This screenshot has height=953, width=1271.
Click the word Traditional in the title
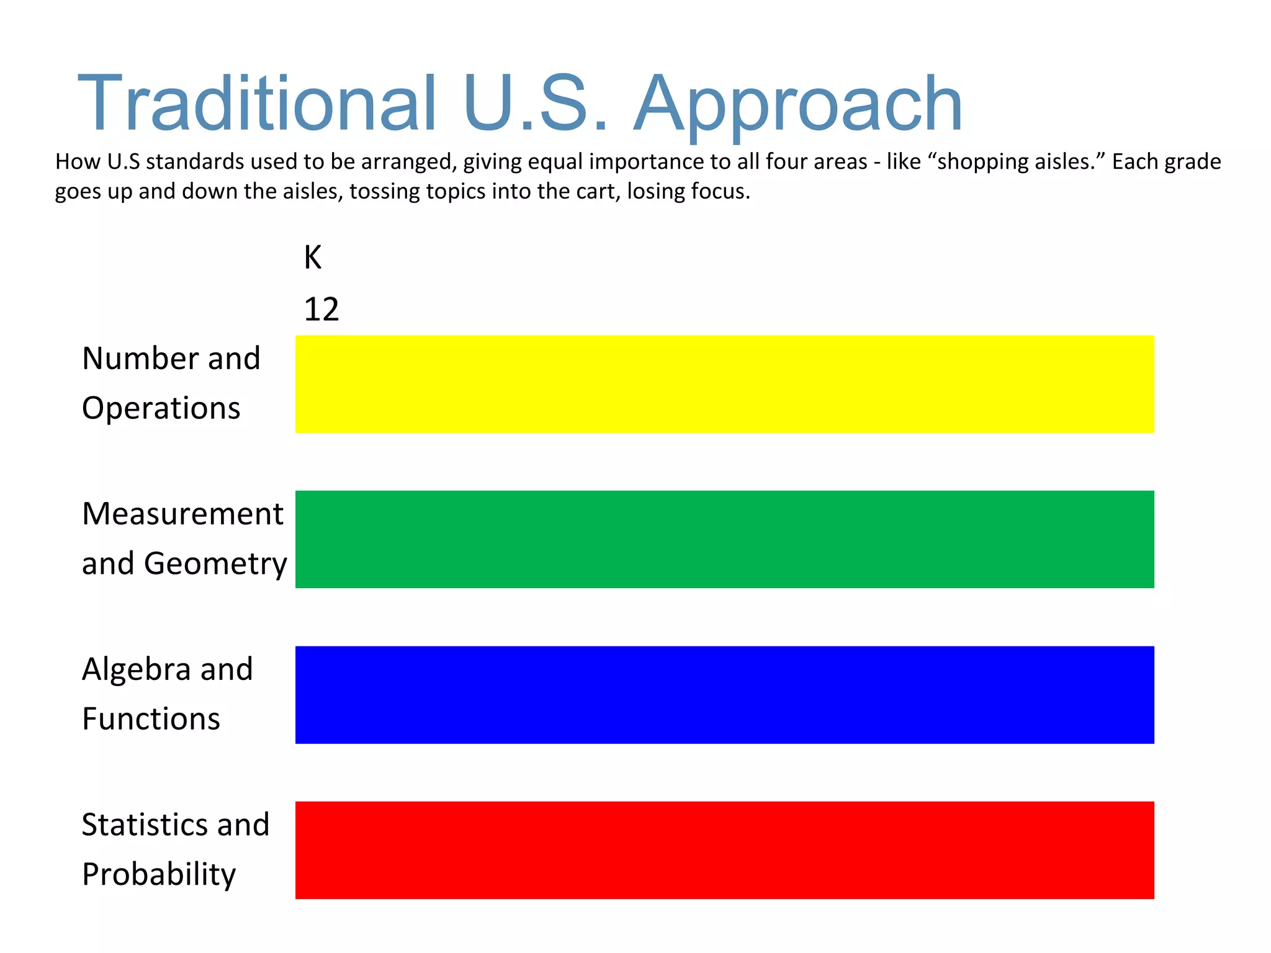257,104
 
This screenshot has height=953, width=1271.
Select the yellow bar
724,384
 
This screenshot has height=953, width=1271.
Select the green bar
724,539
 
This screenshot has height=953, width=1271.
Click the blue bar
724,695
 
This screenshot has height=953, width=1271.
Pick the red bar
724,850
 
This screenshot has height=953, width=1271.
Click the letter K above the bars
313,257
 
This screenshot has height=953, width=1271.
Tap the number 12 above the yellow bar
321,310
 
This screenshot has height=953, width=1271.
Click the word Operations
161,409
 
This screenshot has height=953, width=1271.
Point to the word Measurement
182,514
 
